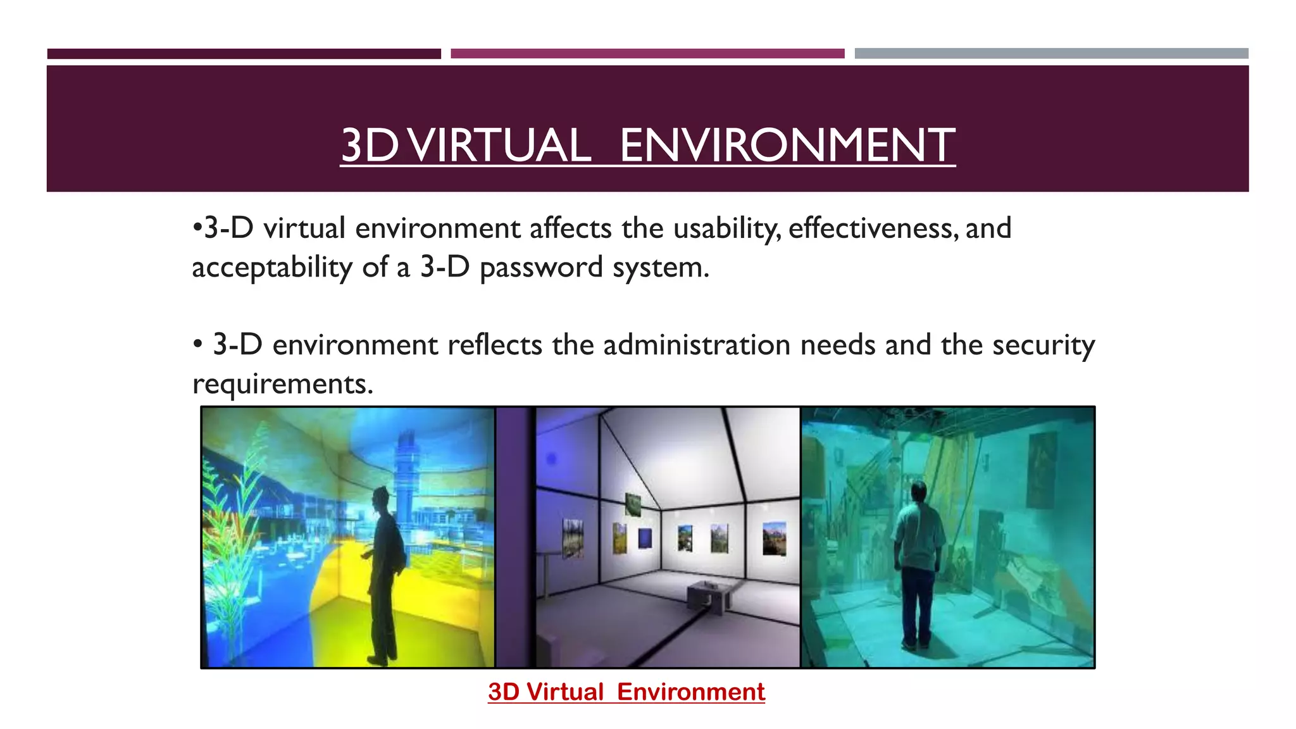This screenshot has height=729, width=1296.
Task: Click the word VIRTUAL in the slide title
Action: (x=500, y=145)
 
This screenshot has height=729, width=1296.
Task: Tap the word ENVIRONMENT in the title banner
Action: (x=787, y=145)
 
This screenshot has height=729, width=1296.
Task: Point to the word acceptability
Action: (x=271, y=268)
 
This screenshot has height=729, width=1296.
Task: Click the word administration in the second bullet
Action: (x=697, y=346)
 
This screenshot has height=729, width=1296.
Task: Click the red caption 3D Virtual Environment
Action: (x=626, y=692)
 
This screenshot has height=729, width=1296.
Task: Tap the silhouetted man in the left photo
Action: (x=383, y=570)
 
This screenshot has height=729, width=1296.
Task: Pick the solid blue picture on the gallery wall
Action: (x=645, y=537)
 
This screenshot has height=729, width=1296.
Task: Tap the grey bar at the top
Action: (x=1051, y=54)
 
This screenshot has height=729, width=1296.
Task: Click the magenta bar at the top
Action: (x=647, y=54)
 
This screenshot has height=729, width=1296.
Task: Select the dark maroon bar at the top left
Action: (x=244, y=54)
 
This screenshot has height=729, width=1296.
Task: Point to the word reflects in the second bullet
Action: (x=494, y=346)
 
